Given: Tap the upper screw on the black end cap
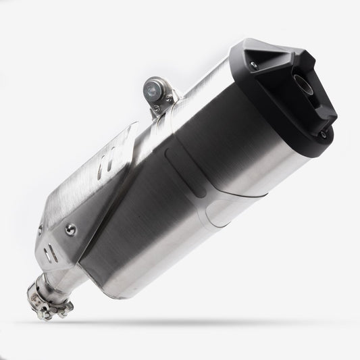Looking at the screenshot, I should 253,65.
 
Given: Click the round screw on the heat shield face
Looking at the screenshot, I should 70,230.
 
